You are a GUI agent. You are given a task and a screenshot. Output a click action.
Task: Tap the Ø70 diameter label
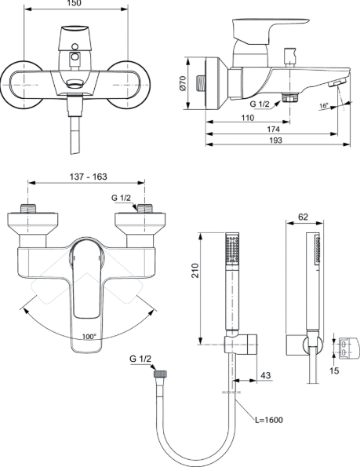[x=183, y=83]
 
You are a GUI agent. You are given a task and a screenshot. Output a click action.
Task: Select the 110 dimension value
[x=247, y=118]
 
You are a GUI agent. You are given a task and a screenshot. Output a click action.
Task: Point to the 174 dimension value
[x=273, y=130]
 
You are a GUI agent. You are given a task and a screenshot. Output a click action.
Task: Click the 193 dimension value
[x=275, y=140]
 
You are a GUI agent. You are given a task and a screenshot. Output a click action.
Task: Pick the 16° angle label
[x=324, y=106]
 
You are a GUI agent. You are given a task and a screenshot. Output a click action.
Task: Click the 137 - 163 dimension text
[x=88, y=177]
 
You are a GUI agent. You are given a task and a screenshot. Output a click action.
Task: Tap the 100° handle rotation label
[x=89, y=337]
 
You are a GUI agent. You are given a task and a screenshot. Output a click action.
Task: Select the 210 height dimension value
[x=195, y=271]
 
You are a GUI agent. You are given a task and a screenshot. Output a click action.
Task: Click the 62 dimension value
[x=303, y=217]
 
